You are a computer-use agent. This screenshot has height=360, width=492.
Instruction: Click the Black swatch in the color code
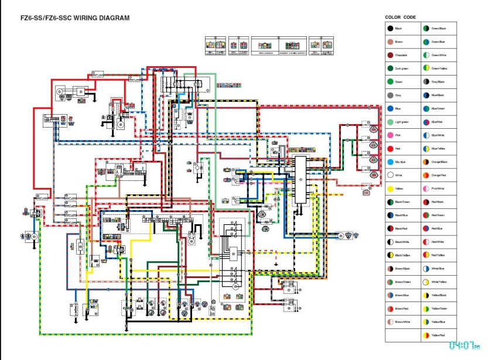coord(390,28)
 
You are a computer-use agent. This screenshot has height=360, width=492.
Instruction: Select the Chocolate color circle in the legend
coord(390,55)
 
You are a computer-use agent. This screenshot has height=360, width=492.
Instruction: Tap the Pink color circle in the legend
coord(390,135)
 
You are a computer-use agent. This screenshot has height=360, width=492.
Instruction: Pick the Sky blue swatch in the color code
coord(390,162)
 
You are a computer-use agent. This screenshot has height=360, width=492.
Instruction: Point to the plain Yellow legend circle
coord(390,188)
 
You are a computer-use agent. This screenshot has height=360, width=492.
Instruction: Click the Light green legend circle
coord(390,122)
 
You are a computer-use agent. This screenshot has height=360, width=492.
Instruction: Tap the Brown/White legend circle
coord(390,322)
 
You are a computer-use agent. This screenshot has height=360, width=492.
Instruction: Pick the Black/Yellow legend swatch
coord(390,255)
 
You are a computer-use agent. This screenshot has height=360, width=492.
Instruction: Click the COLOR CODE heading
coord(401,17)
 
